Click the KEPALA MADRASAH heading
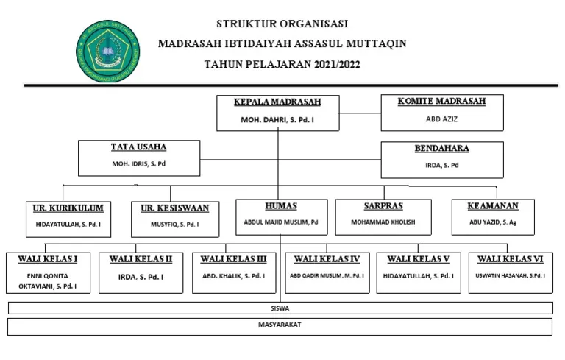point(277,101)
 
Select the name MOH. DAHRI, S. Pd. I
point(277,119)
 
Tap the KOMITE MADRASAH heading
point(441,101)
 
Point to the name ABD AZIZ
point(441,118)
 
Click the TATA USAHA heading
point(138,147)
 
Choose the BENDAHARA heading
point(441,148)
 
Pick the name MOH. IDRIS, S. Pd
point(138,163)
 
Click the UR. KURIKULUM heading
point(68,208)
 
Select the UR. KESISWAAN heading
point(175,208)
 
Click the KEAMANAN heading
point(493,205)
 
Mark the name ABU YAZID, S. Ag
point(493,222)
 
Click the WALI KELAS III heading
point(234,259)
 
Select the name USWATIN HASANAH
point(510,275)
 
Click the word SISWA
point(280,308)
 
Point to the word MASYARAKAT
point(280,324)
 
